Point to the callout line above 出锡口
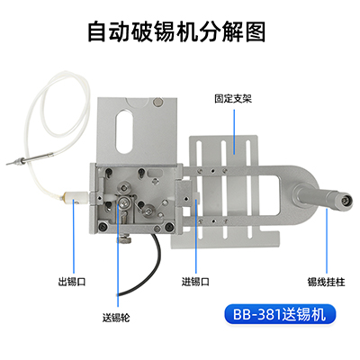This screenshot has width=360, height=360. click(71, 238)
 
